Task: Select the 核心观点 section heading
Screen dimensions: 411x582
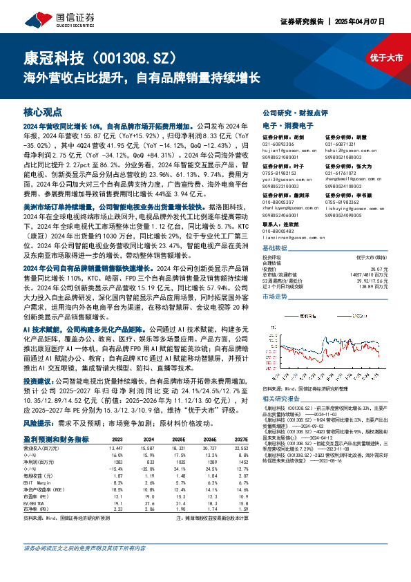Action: tap(43, 111)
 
